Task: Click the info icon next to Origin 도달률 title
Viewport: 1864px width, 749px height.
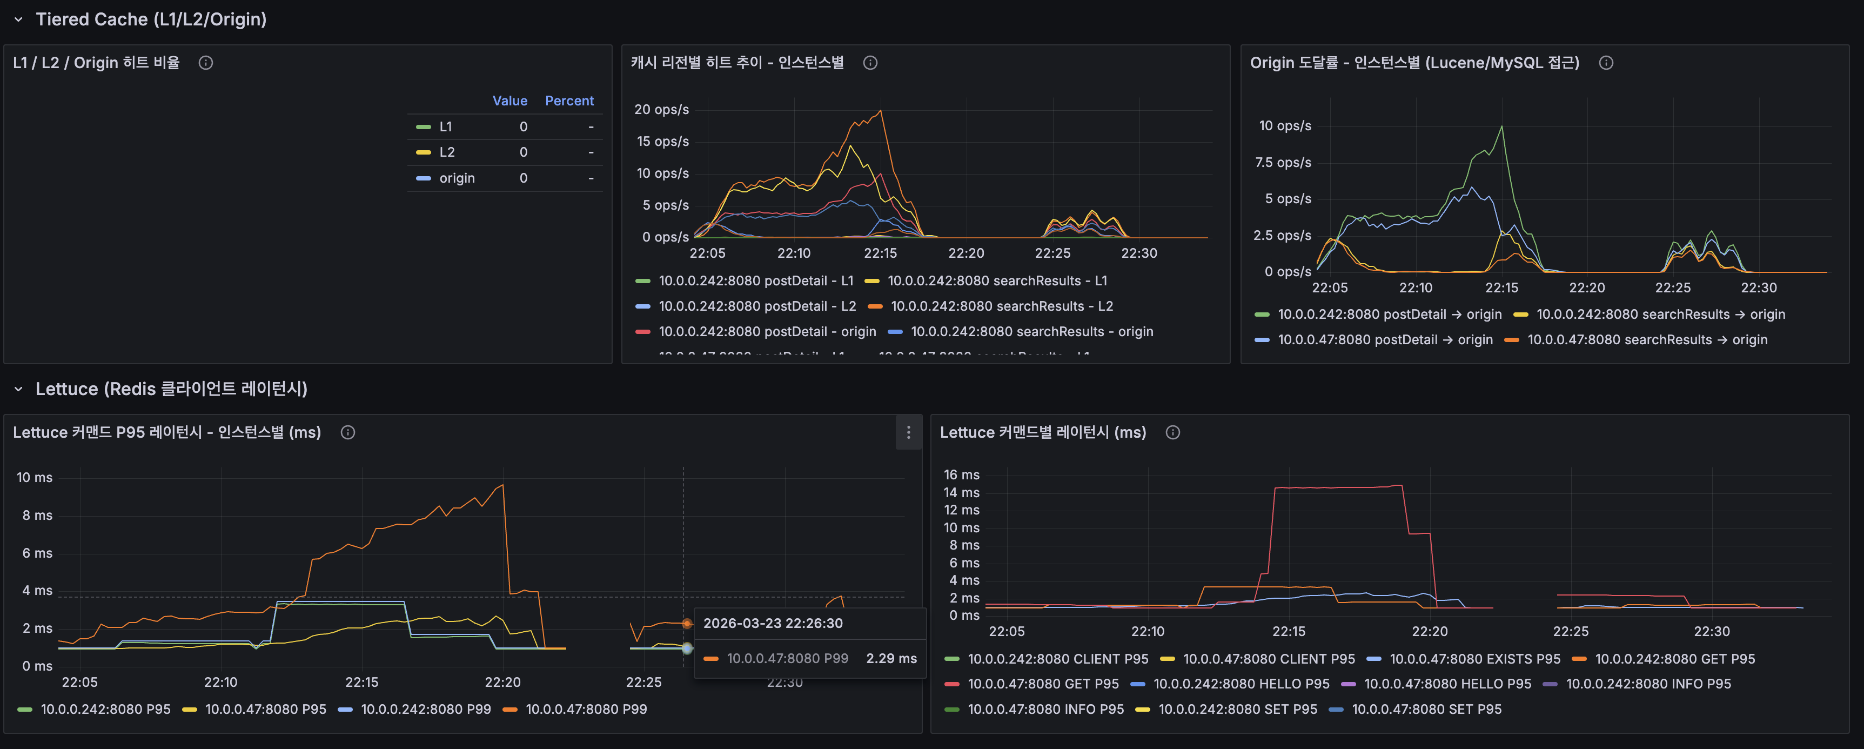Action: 1606,63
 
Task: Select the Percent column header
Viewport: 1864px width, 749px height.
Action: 569,101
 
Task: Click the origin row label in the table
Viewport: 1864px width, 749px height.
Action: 457,178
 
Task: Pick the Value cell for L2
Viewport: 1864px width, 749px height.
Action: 523,152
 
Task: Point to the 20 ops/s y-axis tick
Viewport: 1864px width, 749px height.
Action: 661,109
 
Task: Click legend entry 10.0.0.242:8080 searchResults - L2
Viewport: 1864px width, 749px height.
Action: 1002,306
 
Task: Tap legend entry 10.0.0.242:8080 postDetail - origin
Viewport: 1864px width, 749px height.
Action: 767,331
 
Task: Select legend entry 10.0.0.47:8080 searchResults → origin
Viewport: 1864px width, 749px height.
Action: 1647,339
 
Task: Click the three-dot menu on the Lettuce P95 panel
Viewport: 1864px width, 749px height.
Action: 908,433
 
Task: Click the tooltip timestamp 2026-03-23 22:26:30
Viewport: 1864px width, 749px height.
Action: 773,623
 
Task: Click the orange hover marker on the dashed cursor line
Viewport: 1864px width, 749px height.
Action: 687,623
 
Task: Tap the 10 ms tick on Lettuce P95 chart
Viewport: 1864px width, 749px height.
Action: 35,478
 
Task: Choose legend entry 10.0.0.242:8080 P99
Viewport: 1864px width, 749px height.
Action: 426,709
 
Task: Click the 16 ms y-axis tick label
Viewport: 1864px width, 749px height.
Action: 961,474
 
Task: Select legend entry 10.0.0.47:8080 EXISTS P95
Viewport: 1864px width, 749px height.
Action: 1474,659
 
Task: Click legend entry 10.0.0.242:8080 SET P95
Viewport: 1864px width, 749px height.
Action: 1237,709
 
